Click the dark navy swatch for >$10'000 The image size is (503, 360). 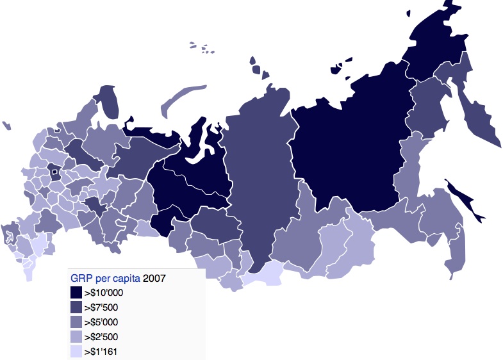[76, 293]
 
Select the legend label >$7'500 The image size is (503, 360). [103, 307]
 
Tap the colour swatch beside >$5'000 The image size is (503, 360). [76, 322]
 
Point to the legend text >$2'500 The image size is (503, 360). [103, 337]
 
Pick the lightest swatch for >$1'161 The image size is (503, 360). [76, 351]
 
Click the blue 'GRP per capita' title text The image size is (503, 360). [104, 278]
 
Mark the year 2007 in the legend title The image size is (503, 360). [155, 278]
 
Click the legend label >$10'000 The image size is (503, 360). [105, 293]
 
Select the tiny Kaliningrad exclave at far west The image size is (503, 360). [6, 125]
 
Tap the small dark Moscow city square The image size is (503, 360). [54, 170]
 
